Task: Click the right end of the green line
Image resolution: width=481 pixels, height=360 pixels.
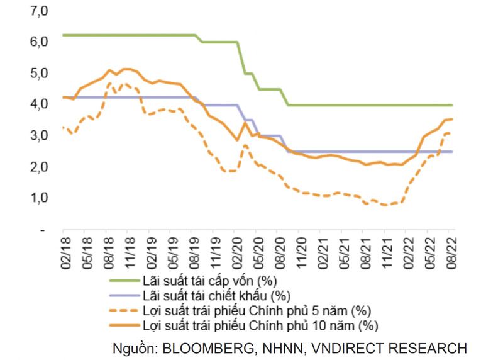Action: [x=452, y=105]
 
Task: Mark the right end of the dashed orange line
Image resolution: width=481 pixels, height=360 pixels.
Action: [x=451, y=133]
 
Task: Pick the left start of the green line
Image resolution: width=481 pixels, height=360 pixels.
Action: [x=64, y=35]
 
